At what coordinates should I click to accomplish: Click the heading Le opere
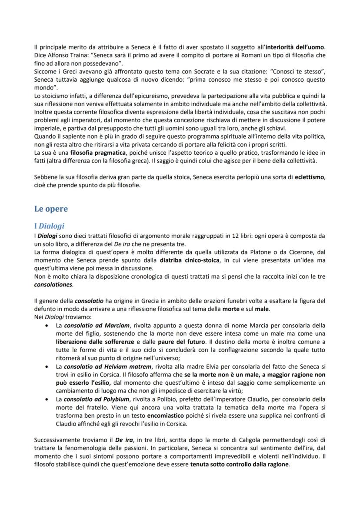click(51, 209)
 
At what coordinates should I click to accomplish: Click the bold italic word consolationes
click(53, 284)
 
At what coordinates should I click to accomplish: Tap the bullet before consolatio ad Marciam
click(47, 325)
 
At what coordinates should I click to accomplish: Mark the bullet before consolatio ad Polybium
click(47, 401)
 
